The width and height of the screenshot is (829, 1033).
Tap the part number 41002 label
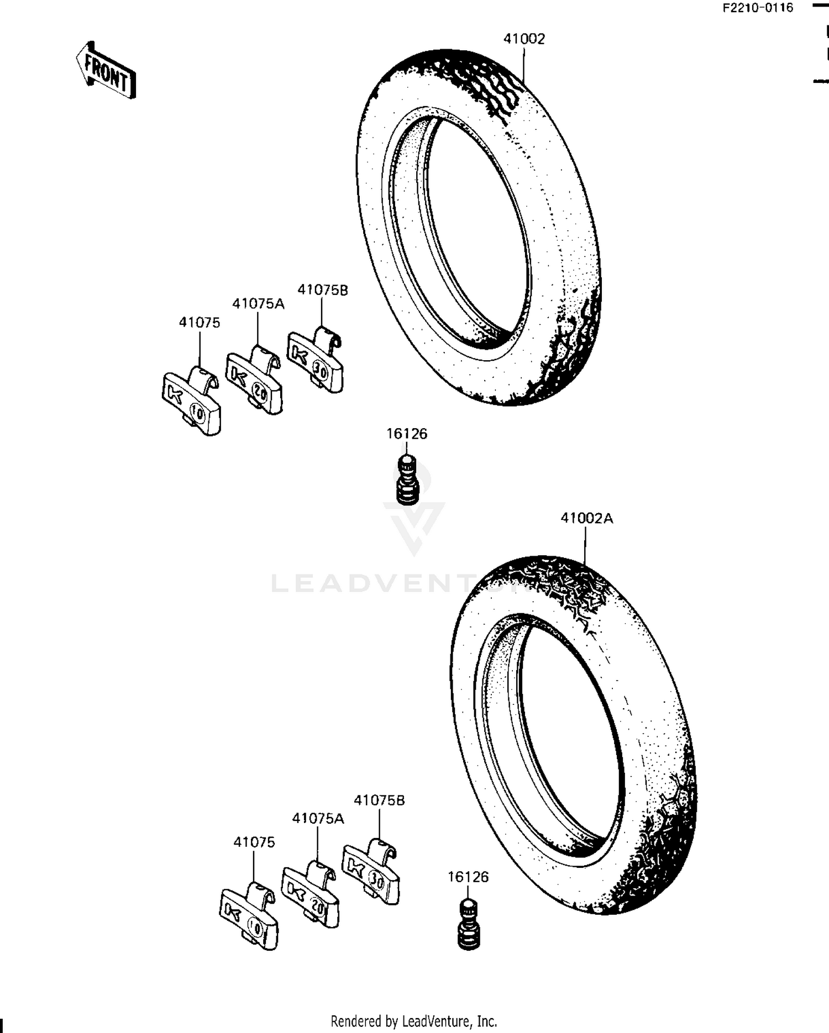point(523,39)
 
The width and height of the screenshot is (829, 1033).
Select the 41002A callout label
point(586,518)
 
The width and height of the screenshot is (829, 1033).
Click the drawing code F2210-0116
point(758,8)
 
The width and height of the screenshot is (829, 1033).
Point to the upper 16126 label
point(407,434)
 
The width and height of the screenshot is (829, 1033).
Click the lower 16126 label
point(468,877)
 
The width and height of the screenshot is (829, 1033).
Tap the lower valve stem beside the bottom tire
point(469,925)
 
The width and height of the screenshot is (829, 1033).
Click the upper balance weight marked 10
point(192,400)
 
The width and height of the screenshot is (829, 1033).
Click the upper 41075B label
point(323,290)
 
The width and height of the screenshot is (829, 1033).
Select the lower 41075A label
point(318,818)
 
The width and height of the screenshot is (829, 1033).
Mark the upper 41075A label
point(258,303)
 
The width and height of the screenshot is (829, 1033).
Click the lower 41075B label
point(379,800)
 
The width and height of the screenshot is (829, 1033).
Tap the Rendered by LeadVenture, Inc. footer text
point(414,1021)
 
